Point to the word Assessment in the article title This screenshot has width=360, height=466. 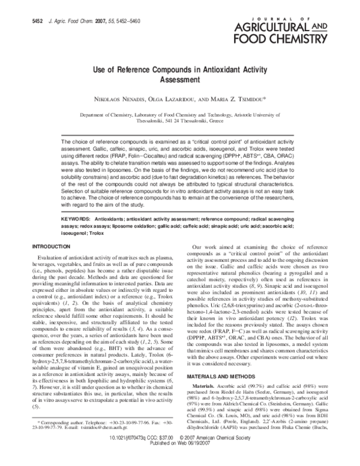coord(179,79)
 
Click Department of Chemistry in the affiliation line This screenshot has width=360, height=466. coord(108,113)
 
